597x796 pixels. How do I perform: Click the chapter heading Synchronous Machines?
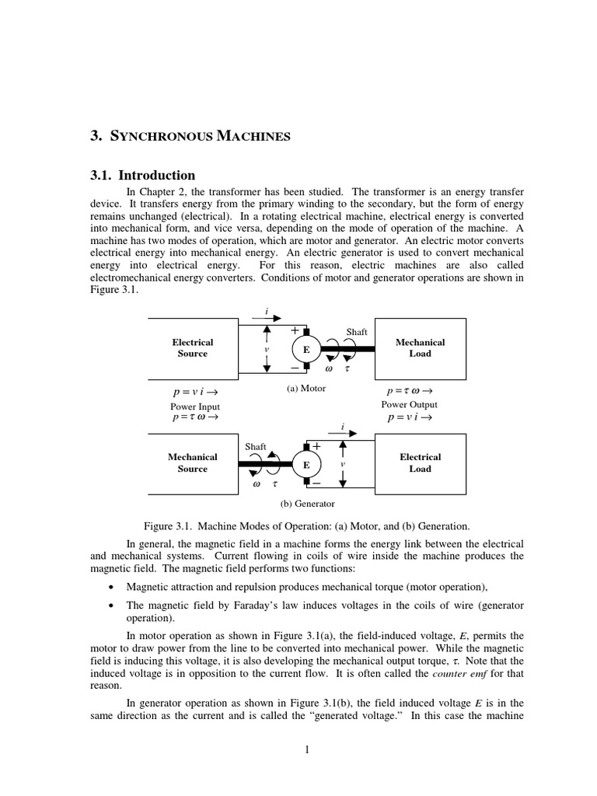190,137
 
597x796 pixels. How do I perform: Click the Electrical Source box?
193,347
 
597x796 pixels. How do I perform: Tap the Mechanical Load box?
421,347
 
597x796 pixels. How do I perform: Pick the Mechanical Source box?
193,463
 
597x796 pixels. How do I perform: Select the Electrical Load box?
421,463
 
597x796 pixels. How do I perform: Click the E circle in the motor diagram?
306,350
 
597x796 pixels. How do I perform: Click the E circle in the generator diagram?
306,465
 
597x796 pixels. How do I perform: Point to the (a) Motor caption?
306,389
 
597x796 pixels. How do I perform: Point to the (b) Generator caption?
307,504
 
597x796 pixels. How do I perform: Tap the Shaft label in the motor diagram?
357,332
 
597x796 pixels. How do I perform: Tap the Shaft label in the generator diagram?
256,447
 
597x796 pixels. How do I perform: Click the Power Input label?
195,406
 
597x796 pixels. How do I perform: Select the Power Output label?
409,404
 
